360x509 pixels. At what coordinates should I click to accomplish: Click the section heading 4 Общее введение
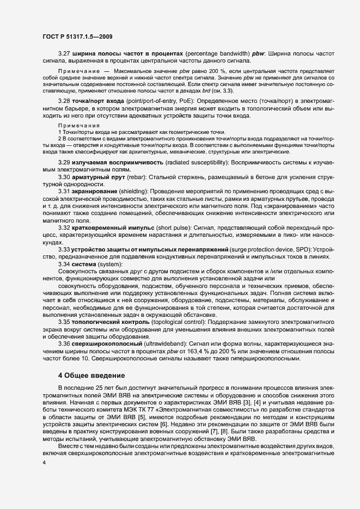click(90, 376)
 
